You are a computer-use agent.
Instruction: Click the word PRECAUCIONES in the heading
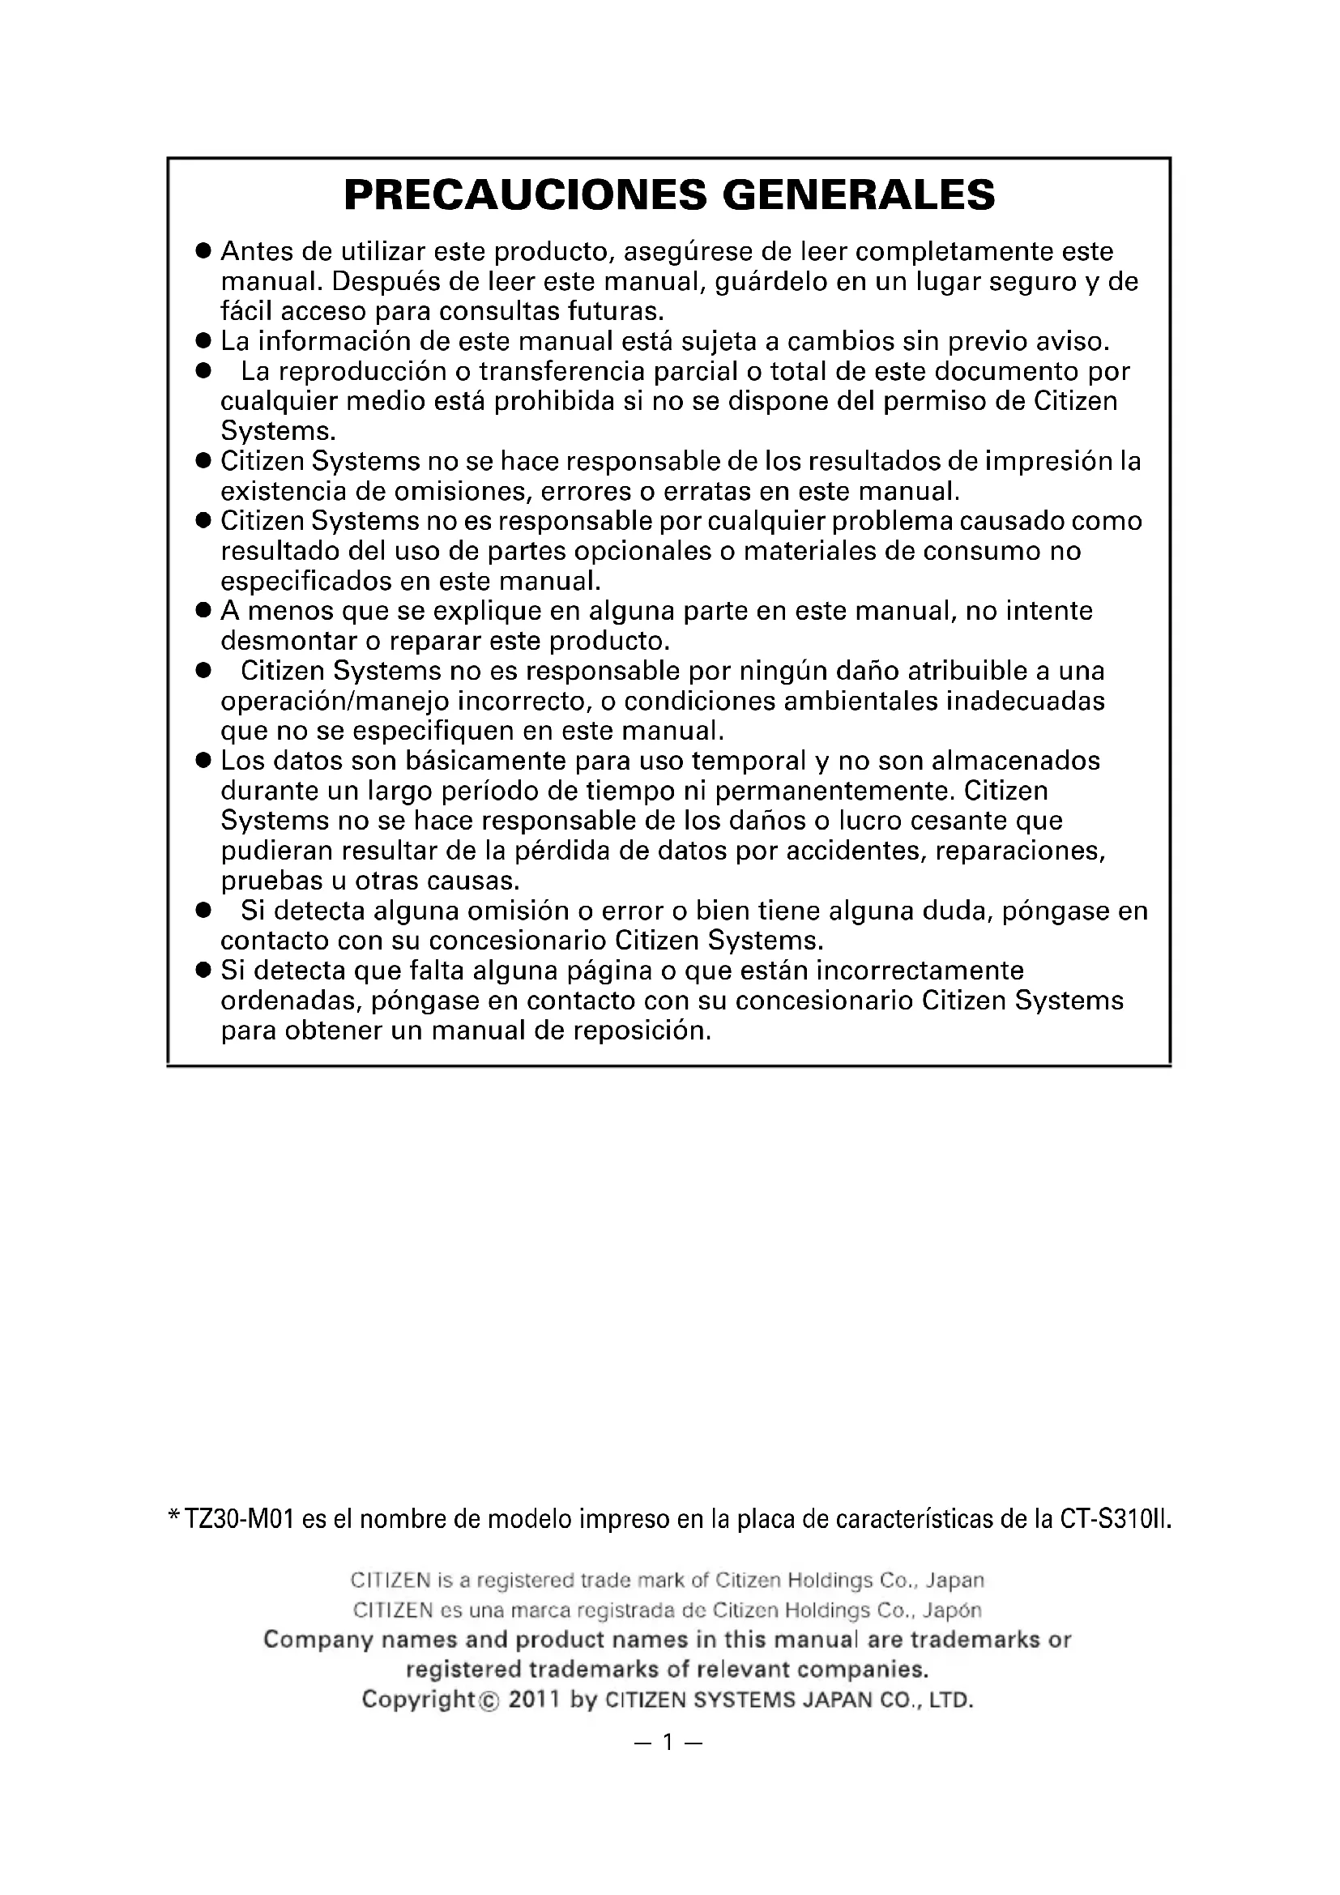click(x=525, y=194)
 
